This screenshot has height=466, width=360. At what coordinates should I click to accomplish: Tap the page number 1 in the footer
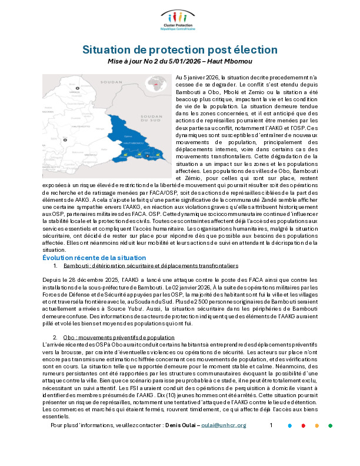coord(271,441)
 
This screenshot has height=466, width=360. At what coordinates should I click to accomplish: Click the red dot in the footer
coord(303,442)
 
